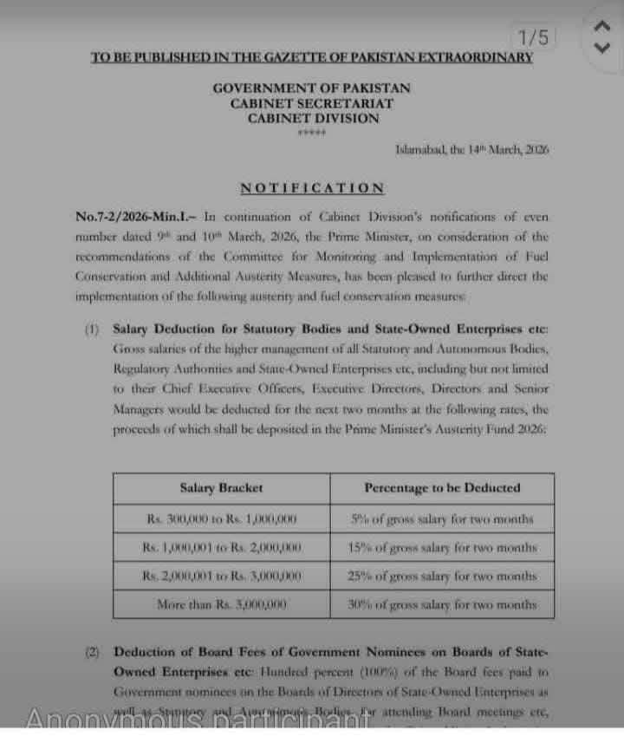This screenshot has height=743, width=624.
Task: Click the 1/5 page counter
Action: tap(533, 37)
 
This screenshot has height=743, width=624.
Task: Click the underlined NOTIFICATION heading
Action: tap(312, 187)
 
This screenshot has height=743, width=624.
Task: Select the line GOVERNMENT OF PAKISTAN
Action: tap(312, 88)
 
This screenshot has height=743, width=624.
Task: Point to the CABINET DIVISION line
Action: tap(312, 118)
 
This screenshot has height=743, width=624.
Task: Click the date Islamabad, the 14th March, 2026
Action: tap(472, 149)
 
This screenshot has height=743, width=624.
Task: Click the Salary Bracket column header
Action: tap(221, 488)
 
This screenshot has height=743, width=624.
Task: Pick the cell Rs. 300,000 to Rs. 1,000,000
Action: tap(222, 519)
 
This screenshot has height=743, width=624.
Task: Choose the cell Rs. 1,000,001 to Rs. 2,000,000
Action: tap(222, 548)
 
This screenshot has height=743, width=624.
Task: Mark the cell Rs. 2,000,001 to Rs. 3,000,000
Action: tap(222, 576)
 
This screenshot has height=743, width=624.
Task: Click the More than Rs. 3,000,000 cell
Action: tap(222, 604)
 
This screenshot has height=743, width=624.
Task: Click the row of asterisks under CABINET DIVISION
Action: tap(311, 133)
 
